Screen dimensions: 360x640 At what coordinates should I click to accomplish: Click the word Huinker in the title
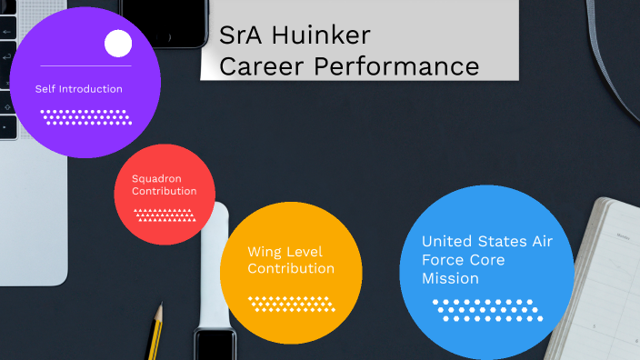point(320,36)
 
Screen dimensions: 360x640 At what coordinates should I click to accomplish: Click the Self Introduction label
point(78,89)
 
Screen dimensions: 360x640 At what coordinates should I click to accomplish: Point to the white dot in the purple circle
point(118,44)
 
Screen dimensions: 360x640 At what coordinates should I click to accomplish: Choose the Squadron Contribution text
point(164,185)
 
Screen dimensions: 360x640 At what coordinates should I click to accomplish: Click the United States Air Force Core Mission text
point(486,260)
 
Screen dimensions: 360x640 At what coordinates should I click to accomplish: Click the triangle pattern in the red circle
point(165,215)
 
